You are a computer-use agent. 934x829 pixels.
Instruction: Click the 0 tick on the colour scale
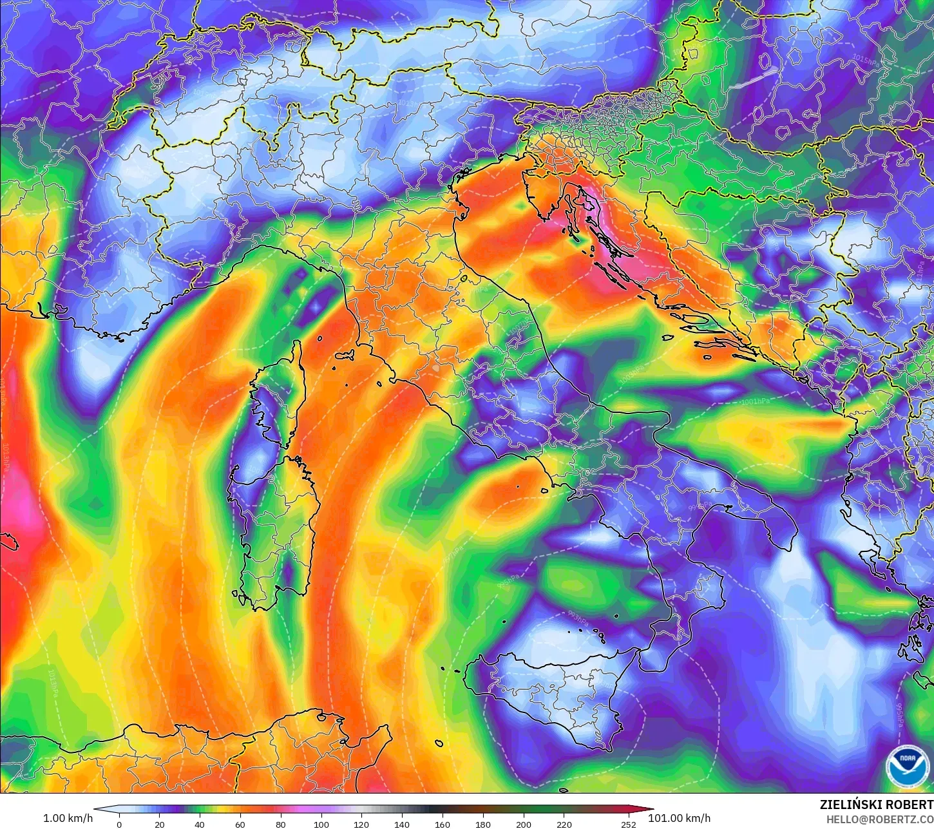point(119,824)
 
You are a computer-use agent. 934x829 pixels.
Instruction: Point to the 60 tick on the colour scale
point(240,824)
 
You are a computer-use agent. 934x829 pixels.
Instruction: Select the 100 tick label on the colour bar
point(321,824)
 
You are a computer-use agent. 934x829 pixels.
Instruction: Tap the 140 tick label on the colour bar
point(402,824)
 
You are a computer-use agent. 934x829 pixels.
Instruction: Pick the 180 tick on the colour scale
point(483,824)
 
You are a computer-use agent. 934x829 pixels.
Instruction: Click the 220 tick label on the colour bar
point(564,824)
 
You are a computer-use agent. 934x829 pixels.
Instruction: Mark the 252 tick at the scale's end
point(629,824)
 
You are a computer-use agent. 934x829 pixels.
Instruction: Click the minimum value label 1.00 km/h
point(68,818)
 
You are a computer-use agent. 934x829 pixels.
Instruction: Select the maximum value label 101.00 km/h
point(680,818)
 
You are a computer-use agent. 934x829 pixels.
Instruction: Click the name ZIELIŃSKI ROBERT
point(876,805)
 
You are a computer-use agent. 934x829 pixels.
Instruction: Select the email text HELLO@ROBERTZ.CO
point(880,819)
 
